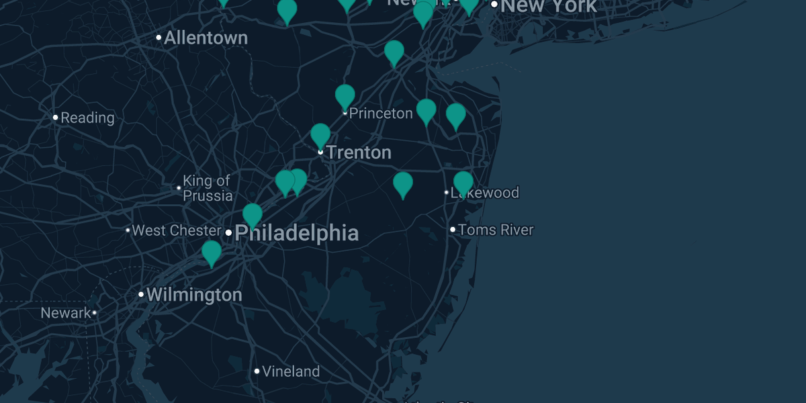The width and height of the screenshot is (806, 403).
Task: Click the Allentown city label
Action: pos(206,38)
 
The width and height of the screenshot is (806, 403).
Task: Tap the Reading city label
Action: pos(87,118)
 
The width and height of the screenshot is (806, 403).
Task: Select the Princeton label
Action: pos(381,114)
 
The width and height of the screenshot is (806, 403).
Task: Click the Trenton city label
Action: pos(359,152)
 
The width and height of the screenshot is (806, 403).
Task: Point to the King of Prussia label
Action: pos(208,188)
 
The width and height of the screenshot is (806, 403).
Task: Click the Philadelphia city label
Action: pos(296,233)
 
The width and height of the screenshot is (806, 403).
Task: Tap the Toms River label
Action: pos(496,230)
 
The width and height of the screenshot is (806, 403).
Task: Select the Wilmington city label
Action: pos(194,295)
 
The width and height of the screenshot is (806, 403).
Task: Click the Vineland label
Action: pos(291,371)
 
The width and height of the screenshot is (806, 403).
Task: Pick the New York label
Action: pos(549,7)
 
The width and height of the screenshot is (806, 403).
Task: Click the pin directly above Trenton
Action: pos(320,135)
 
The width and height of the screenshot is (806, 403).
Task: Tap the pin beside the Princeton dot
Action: pos(345,96)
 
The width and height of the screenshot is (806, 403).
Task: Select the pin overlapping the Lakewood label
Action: pos(463,183)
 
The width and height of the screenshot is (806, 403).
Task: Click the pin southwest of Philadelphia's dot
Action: pos(212,253)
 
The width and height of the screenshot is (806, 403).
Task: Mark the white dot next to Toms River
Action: pos(453,230)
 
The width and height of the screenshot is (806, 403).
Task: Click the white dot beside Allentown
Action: pos(159,38)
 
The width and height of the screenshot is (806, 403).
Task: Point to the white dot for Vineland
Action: pos(257,371)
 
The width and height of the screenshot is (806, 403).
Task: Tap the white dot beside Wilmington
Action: pos(141,294)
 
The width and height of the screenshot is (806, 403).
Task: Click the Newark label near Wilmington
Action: pos(65,313)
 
